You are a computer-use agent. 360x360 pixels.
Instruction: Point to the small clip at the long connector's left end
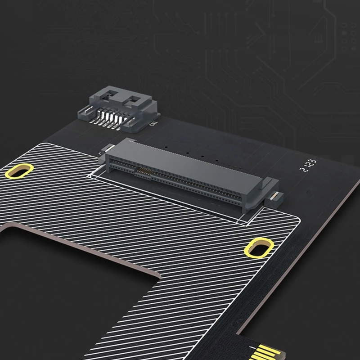pos(108,148)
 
